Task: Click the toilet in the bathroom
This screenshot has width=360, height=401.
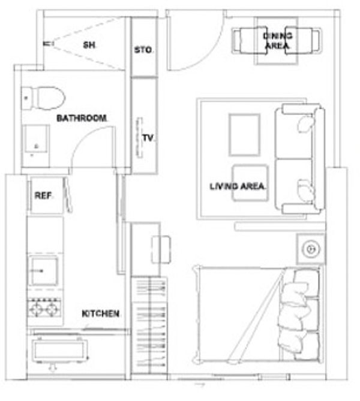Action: click(x=43, y=98)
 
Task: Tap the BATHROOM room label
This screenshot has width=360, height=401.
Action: click(x=82, y=118)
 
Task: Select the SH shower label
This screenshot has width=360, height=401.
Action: click(x=89, y=45)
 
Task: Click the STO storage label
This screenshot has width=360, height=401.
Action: click(x=143, y=50)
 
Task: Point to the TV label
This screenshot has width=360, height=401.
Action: click(x=148, y=138)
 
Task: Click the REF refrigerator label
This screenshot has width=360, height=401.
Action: click(x=43, y=195)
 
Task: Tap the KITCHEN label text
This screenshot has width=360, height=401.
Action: click(x=101, y=313)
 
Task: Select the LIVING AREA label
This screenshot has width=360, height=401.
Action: click(x=238, y=186)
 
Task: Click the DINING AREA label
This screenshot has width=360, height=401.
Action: click(x=278, y=41)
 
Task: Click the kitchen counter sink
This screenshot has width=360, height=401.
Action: click(x=43, y=270)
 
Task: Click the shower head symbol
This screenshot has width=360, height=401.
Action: click(x=48, y=44)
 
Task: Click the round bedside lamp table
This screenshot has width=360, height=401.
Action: click(x=311, y=249)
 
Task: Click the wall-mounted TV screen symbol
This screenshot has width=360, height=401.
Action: click(x=139, y=138)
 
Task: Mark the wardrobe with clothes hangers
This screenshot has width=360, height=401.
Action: click(x=149, y=325)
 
